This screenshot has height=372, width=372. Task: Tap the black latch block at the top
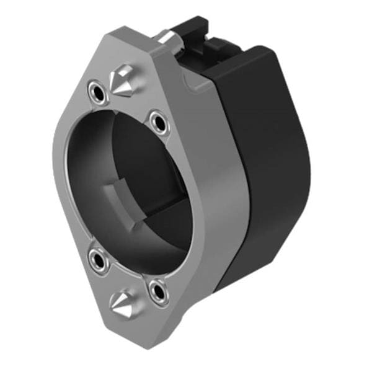click(198, 31)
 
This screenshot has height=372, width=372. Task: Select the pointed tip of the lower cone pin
click(112, 302)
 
